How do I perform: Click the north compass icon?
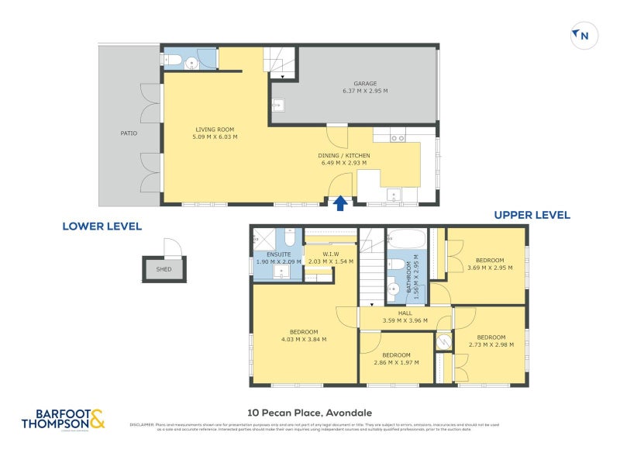click(x=581, y=35)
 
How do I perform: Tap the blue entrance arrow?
click(x=339, y=202)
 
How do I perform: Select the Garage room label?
click(x=365, y=84)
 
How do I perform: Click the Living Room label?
click(x=215, y=130)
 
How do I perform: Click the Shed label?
click(x=164, y=270)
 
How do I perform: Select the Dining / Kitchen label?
click(x=344, y=156)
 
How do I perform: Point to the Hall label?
click(x=405, y=313)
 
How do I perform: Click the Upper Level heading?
click(x=532, y=215)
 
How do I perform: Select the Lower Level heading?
click(x=102, y=226)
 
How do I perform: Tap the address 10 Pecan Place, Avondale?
click(x=309, y=412)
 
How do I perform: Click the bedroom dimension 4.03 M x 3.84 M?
click(x=304, y=339)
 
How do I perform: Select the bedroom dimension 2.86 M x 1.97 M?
click(x=396, y=362)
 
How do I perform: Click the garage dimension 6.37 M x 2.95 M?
click(x=365, y=92)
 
